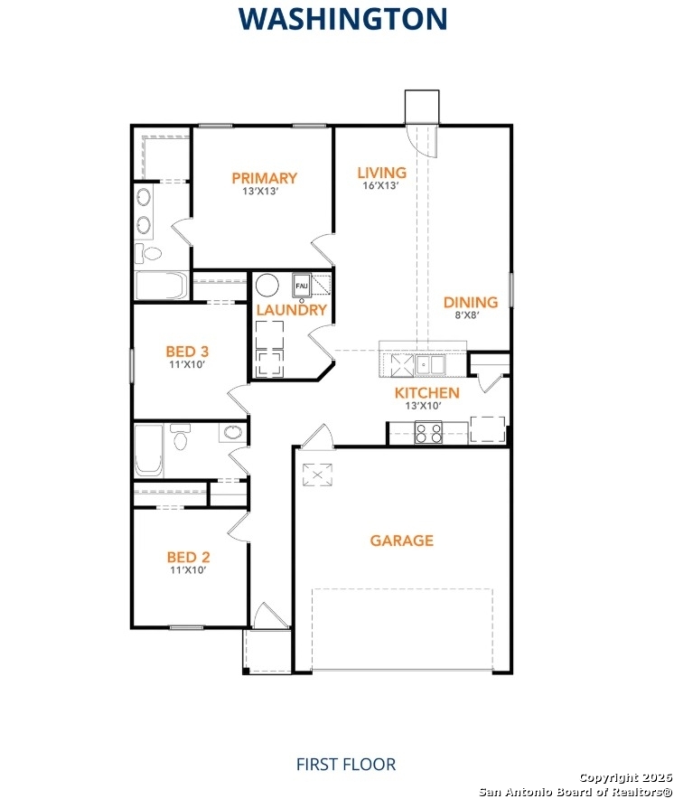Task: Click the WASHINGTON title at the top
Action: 342,18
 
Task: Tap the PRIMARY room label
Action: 264,178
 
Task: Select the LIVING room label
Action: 381,173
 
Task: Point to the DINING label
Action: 470,303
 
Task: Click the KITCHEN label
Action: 426,393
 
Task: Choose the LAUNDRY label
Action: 291,310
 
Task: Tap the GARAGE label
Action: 401,540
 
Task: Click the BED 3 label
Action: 188,351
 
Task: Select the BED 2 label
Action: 188,558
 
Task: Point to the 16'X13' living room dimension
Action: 381,186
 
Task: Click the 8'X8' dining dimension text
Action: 465,315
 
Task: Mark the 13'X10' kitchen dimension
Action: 422,406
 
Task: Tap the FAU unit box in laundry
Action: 302,286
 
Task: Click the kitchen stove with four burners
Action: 427,434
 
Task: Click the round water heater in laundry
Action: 267,286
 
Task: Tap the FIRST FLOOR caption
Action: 345,765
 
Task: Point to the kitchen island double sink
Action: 429,364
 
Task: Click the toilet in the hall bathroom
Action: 182,439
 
